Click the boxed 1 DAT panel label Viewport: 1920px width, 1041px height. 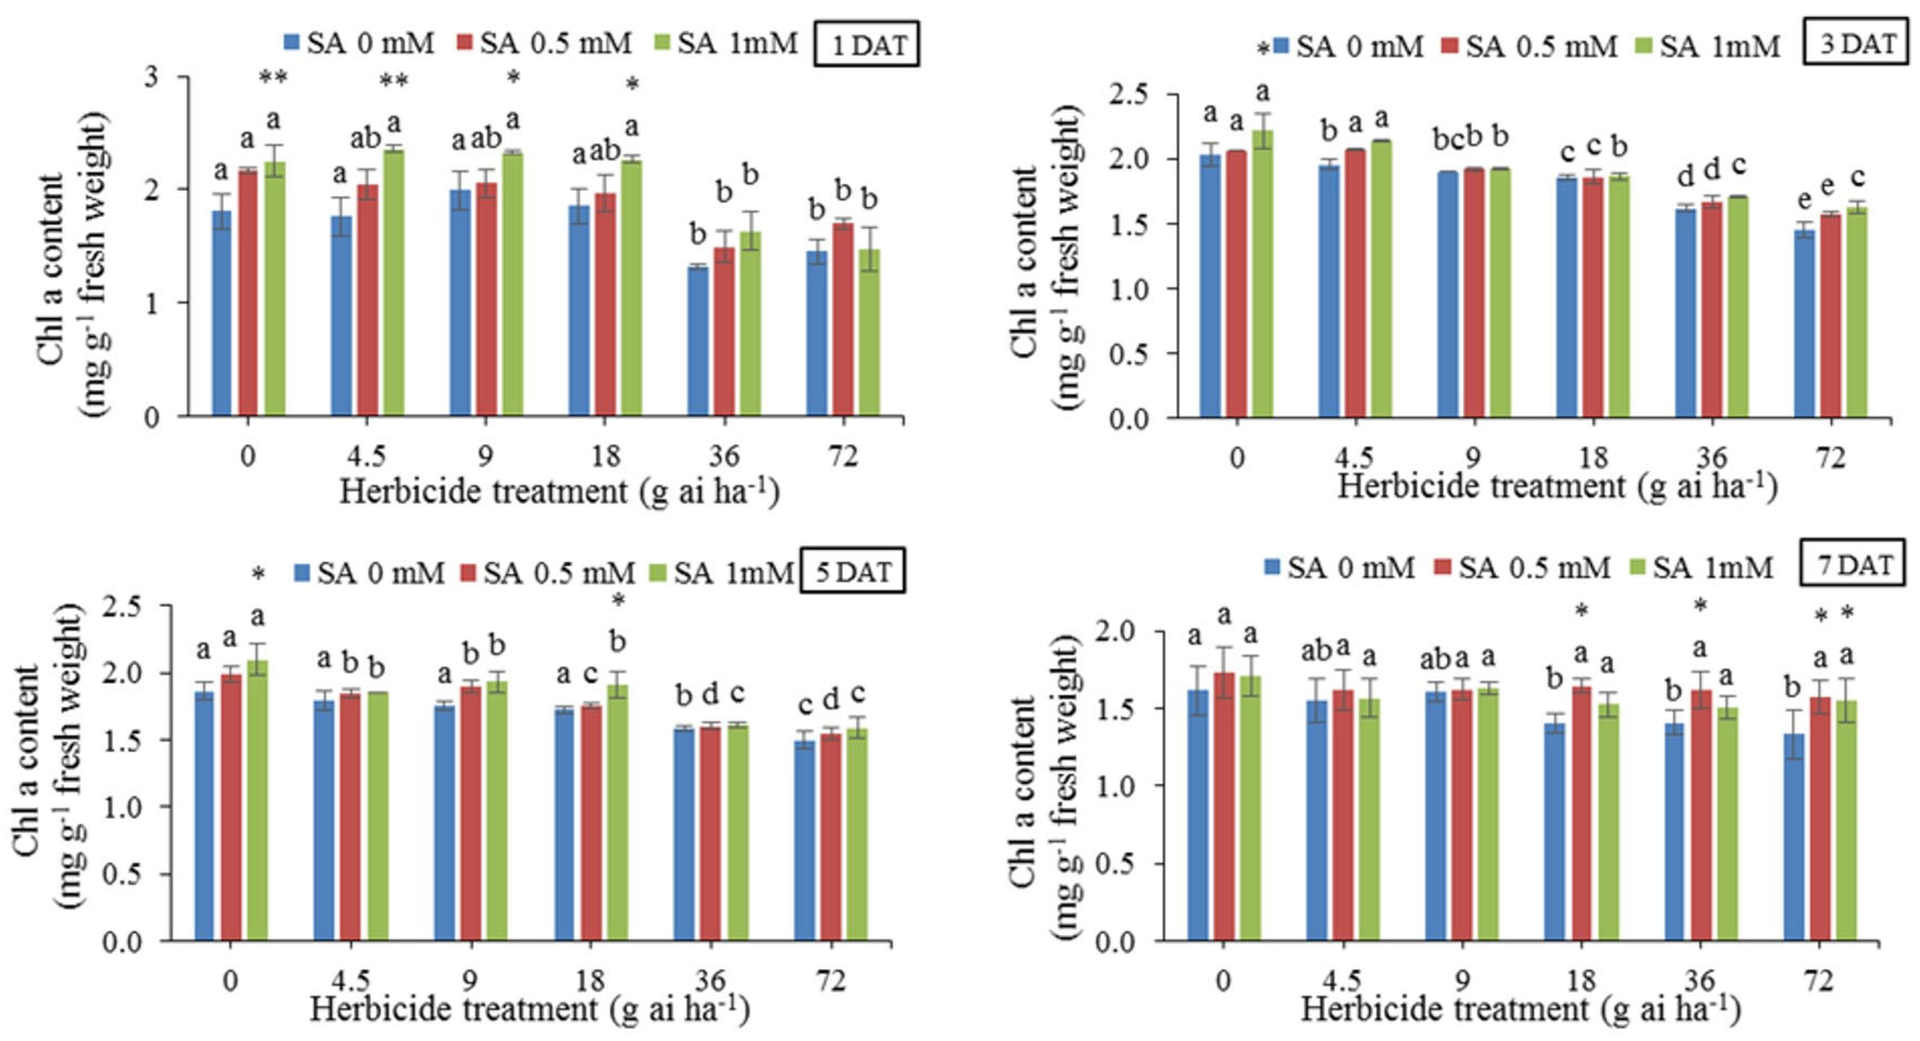click(x=866, y=45)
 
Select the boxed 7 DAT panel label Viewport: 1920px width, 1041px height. click(x=1852, y=565)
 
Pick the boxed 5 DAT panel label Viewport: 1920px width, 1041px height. click(x=852, y=572)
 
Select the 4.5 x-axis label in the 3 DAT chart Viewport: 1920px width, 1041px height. click(x=1354, y=456)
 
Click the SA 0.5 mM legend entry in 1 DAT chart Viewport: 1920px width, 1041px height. click(x=544, y=43)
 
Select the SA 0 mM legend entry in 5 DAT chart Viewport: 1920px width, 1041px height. click(x=369, y=573)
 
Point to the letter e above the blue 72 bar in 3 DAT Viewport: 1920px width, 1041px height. click(x=1804, y=199)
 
